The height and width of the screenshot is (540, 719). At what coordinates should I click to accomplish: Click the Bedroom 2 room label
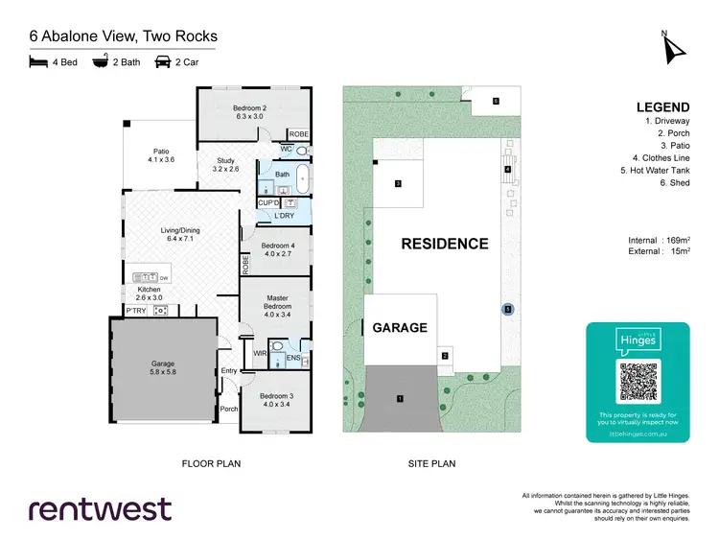(249, 113)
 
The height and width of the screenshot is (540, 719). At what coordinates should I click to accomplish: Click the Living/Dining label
(179, 233)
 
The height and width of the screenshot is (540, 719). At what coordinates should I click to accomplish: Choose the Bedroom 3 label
(276, 401)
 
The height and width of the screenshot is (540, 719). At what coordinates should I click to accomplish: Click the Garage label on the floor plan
(163, 369)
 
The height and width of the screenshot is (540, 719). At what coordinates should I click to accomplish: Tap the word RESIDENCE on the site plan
(444, 244)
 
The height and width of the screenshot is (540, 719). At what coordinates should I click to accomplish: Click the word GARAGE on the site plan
(400, 328)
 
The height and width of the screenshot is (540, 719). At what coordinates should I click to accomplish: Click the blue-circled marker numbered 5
(508, 309)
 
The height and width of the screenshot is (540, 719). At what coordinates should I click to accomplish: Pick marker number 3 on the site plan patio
(397, 183)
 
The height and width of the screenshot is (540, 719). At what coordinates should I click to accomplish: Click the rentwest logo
(100, 508)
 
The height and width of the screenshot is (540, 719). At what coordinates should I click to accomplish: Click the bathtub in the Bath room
(303, 179)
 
